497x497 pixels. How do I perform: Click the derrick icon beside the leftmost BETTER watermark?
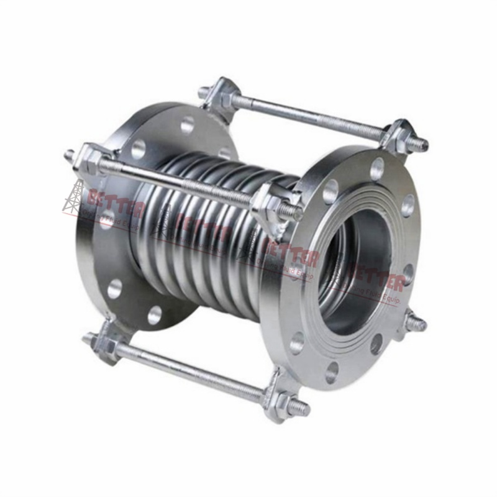tap(73, 198)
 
